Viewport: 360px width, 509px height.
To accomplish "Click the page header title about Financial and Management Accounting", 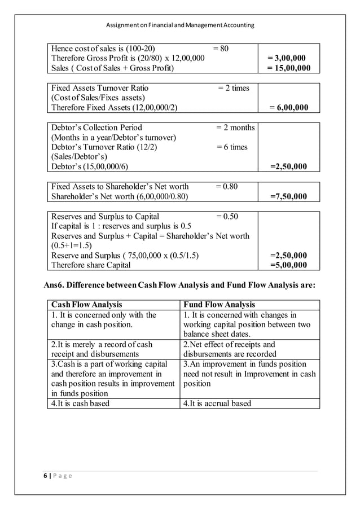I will coord(180,25).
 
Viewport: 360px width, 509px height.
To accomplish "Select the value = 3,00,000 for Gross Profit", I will coord(288,58).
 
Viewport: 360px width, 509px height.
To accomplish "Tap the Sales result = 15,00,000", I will coord(288,68).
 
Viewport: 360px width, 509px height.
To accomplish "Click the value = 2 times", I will coord(234,88).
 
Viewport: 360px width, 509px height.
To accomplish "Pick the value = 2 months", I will coord(235,128).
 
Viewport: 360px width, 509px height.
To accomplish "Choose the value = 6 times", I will coord(232,147).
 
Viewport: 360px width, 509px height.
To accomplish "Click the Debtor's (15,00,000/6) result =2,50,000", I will coord(288,167).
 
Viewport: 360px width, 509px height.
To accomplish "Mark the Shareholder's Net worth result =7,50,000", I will coord(288,196).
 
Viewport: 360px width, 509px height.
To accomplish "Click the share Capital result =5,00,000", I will coord(288,265).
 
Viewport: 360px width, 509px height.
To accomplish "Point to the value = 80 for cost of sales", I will coord(221,49).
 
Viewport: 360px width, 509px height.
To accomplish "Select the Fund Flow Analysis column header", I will coord(219,305).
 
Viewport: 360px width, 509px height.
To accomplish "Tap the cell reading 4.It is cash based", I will coord(81,403).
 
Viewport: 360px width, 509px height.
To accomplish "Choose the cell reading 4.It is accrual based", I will coord(217,403).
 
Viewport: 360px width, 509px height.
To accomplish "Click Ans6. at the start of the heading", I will coord(55,285).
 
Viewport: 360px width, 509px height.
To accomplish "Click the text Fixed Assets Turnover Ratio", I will coord(100,88).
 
